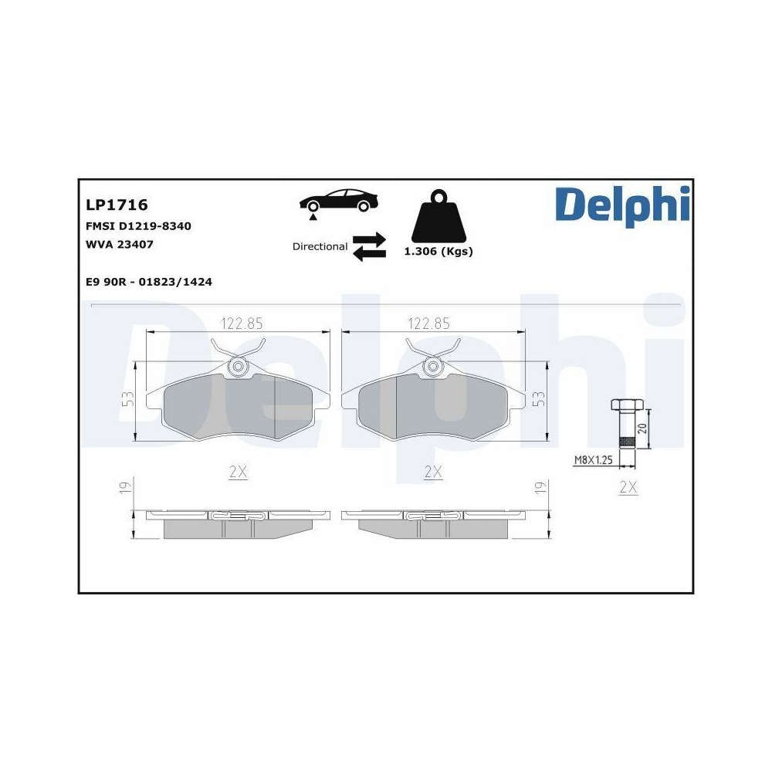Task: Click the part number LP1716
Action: (117, 205)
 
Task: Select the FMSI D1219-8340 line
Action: (138, 226)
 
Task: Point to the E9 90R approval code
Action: (149, 282)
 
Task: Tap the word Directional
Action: (320, 247)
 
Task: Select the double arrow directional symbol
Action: (369, 246)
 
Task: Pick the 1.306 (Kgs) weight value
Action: (438, 252)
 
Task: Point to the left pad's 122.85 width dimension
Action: (238, 323)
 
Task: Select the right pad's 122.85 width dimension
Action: (428, 323)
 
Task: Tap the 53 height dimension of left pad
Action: (128, 399)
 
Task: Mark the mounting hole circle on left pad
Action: (239, 367)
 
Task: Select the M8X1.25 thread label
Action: (593, 461)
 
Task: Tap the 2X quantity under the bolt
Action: (628, 488)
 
